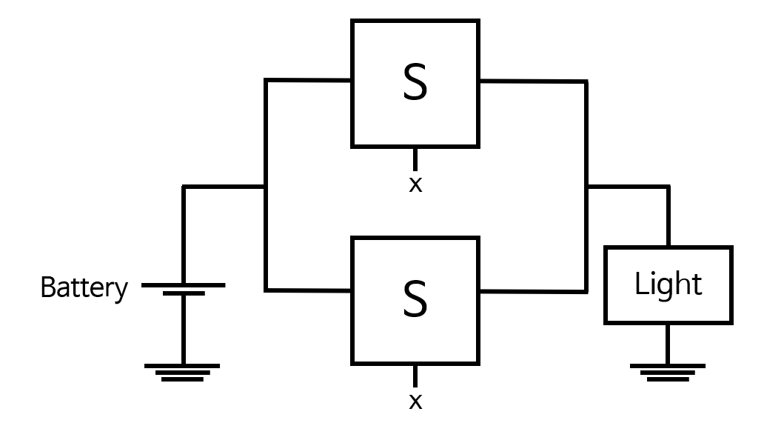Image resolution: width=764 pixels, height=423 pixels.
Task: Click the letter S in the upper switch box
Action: click(415, 83)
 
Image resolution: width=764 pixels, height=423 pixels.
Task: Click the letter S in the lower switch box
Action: click(415, 299)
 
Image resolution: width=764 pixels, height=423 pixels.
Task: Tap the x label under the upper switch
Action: click(415, 184)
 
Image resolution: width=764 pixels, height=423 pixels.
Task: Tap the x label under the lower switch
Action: click(415, 402)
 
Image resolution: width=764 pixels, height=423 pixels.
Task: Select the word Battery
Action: click(84, 287)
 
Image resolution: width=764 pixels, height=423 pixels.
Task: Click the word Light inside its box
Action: click(668, 284)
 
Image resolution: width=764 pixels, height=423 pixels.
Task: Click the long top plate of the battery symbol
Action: click(183, 284)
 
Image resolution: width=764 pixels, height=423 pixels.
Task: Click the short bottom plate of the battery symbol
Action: click(183, 294)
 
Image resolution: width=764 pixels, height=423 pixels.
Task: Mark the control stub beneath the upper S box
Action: click(415, 159)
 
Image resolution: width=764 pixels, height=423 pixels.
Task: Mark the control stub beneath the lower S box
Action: click(415, 376)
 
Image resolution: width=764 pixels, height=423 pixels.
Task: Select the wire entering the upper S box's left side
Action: click(307, 80)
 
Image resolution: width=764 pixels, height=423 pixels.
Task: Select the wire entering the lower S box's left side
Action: click(307, 290)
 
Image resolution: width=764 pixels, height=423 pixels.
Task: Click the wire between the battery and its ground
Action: click(183, 330)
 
